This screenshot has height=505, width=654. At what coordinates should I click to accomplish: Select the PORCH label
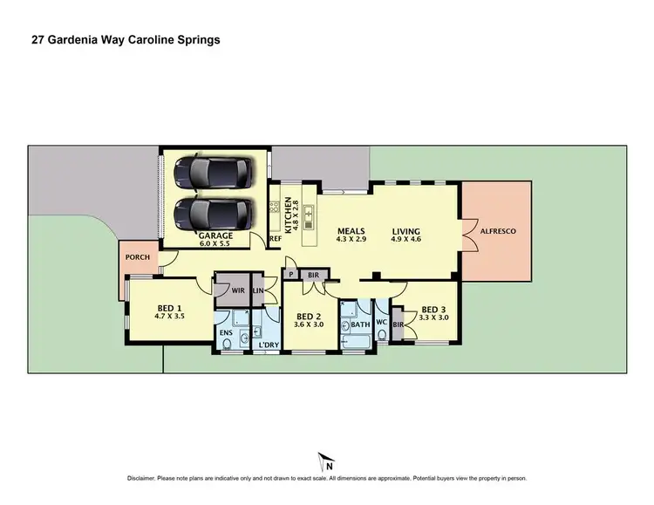pyautogui.click(x=138, y=257)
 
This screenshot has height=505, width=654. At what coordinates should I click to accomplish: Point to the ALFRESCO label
pyautogui.click(x=498, y=232)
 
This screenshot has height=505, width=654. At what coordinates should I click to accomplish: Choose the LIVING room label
pyautogui.click(x=406, y=231)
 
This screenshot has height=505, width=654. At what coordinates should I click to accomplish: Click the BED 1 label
pyautogui.click(x=169, y=308)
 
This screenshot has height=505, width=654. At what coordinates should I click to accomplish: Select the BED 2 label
pyautogui.click(x=309, y=317)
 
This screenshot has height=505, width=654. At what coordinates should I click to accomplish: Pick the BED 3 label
pyautogui.click(x=433, y=309)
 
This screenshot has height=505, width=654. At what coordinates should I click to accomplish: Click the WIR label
pyautogui.click(x=237, y=290)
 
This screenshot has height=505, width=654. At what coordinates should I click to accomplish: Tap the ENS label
pyautogui.click(x=225, y=332)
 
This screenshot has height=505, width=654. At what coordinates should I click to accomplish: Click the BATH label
pyautogui.click(x=361, y=324)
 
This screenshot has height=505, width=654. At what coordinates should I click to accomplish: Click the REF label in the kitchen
pyautogui.click(x=274, y=238)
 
